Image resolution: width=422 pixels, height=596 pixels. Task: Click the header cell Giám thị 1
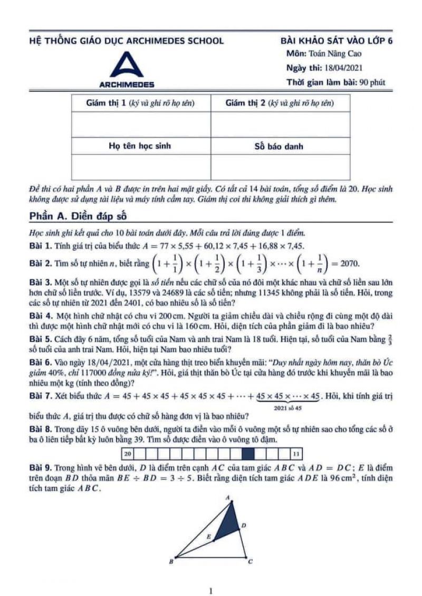[140, 104]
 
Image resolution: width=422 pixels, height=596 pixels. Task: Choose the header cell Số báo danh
[280, 146]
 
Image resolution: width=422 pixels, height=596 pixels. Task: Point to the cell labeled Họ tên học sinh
[140, 146]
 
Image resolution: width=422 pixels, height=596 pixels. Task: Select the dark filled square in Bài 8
[248, 453]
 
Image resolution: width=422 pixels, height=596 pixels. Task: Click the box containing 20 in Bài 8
[128, 453]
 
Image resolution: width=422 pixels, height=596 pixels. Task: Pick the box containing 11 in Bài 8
[296, 453]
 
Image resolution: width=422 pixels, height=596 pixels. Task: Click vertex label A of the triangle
[228, 497]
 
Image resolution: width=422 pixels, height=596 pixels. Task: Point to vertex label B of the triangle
[170, 563]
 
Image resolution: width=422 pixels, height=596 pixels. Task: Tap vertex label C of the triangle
[250, 563]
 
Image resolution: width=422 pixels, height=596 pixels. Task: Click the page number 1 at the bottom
[210, 590]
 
